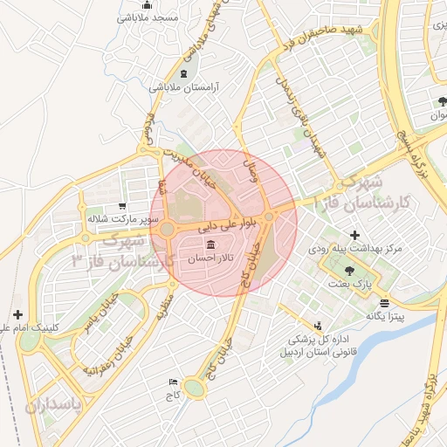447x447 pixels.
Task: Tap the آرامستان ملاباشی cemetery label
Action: point(183,87)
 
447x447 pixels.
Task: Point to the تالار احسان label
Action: point(209,259)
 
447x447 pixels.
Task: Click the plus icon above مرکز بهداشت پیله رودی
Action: point(354,235)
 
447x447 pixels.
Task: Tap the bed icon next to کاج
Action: point(173,382)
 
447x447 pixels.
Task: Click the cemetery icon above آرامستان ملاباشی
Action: point(183,73)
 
